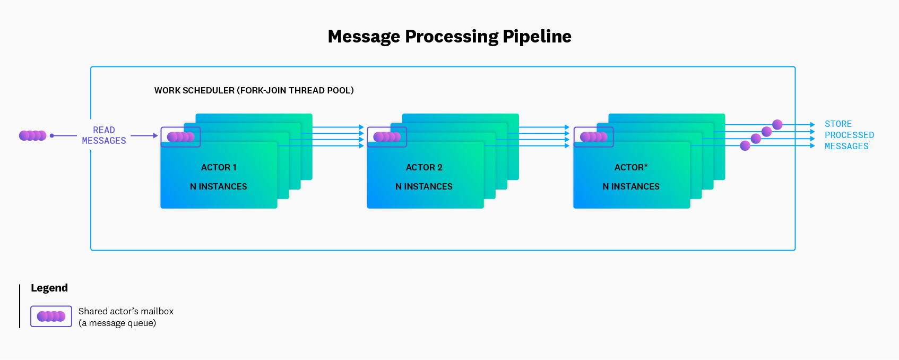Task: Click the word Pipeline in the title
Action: (x=537, y=37)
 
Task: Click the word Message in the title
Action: (x=364, y=37)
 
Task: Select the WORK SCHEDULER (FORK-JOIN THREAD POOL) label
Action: (x=254, y=90)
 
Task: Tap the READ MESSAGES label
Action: (x=104, y=135)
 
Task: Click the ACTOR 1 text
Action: (x=219, y=167)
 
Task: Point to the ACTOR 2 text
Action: (x=424, y=167)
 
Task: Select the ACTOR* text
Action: (x=631, y=167)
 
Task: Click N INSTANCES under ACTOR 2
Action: (x=424, y=186)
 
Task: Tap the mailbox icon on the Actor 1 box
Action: (x=181, y=137)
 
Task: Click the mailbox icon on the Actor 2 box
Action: (x=387, y=137)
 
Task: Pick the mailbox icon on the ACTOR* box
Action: (x=594, y=137)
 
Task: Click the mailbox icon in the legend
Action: (x=51, y=316)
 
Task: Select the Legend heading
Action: (x=49, y=288)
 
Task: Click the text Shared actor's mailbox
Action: (x=126, y=311)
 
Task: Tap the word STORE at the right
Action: (x=838, y=124)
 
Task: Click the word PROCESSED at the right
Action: (x=849, y=135)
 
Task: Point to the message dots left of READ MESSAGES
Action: (x=33, y=135)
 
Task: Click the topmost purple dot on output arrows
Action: (x=777, y=125)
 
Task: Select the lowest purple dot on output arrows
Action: (x=745, y=145)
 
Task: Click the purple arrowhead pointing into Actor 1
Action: (x=155, y=135)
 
